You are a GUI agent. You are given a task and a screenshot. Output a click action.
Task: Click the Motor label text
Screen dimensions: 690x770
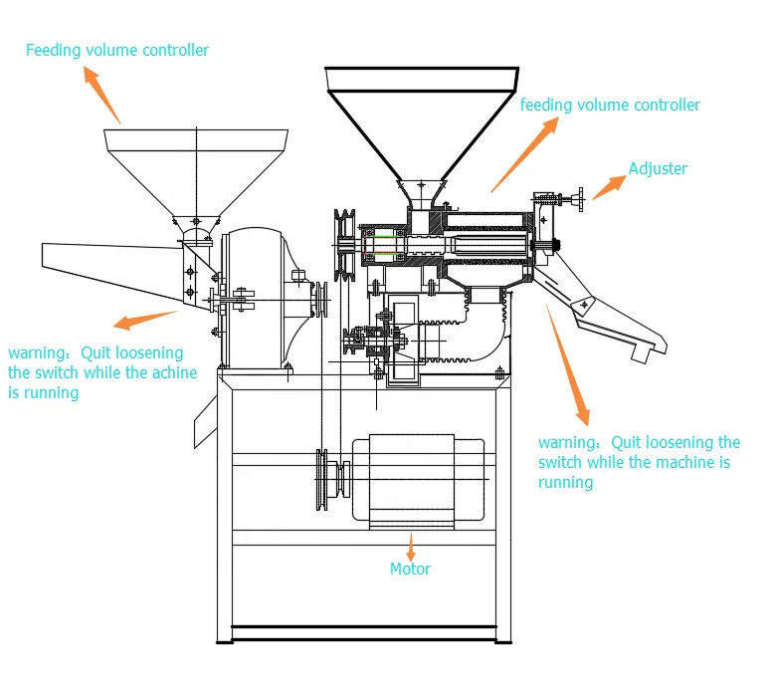pos(410,569)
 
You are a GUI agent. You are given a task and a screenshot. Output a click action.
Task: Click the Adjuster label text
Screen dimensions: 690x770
pos(658,168)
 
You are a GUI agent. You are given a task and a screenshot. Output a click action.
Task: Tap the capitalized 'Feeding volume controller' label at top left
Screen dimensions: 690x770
pos(117,50)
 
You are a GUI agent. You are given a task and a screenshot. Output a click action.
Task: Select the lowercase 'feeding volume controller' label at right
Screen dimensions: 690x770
pos(610,105)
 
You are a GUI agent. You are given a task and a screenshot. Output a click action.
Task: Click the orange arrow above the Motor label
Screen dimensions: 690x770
pos(410,543)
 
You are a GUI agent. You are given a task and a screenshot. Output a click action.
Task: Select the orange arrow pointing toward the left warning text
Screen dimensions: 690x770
pos(145,319)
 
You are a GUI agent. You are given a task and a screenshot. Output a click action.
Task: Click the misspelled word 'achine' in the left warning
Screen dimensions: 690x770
pos(174,372)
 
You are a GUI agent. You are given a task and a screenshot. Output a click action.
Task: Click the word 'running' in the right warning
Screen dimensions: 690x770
pos(565,482)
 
